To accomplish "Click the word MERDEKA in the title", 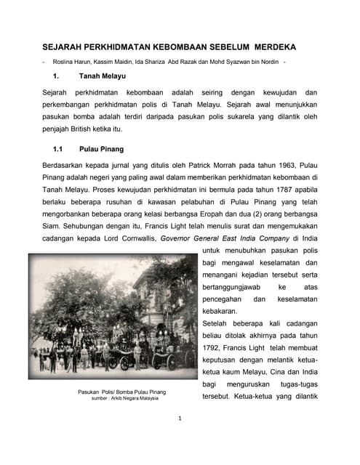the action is click(x=269, y=46).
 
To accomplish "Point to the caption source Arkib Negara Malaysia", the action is click(x=137, y=398).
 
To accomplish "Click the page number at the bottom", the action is click(x=180, y=418).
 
